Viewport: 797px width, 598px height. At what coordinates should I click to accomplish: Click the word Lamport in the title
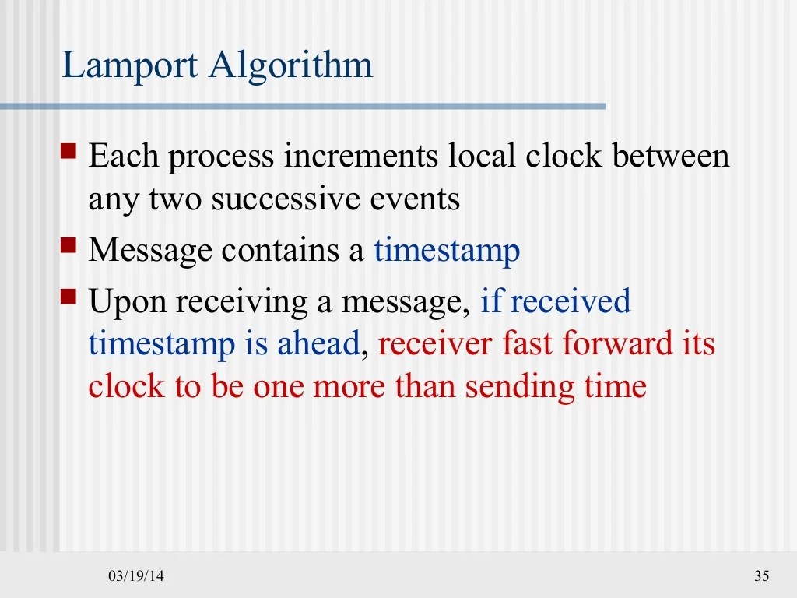[130, 66]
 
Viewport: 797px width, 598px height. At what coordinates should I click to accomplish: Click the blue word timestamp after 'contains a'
[447, 252]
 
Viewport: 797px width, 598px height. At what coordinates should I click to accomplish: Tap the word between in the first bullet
[670, 157]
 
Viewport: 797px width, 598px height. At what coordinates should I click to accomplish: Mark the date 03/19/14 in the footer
[136, 576]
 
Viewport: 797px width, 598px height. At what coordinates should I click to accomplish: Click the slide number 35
[761, 576]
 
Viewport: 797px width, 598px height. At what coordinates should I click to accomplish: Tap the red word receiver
[435, 344]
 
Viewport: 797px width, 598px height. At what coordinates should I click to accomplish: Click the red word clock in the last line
[125, 387]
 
